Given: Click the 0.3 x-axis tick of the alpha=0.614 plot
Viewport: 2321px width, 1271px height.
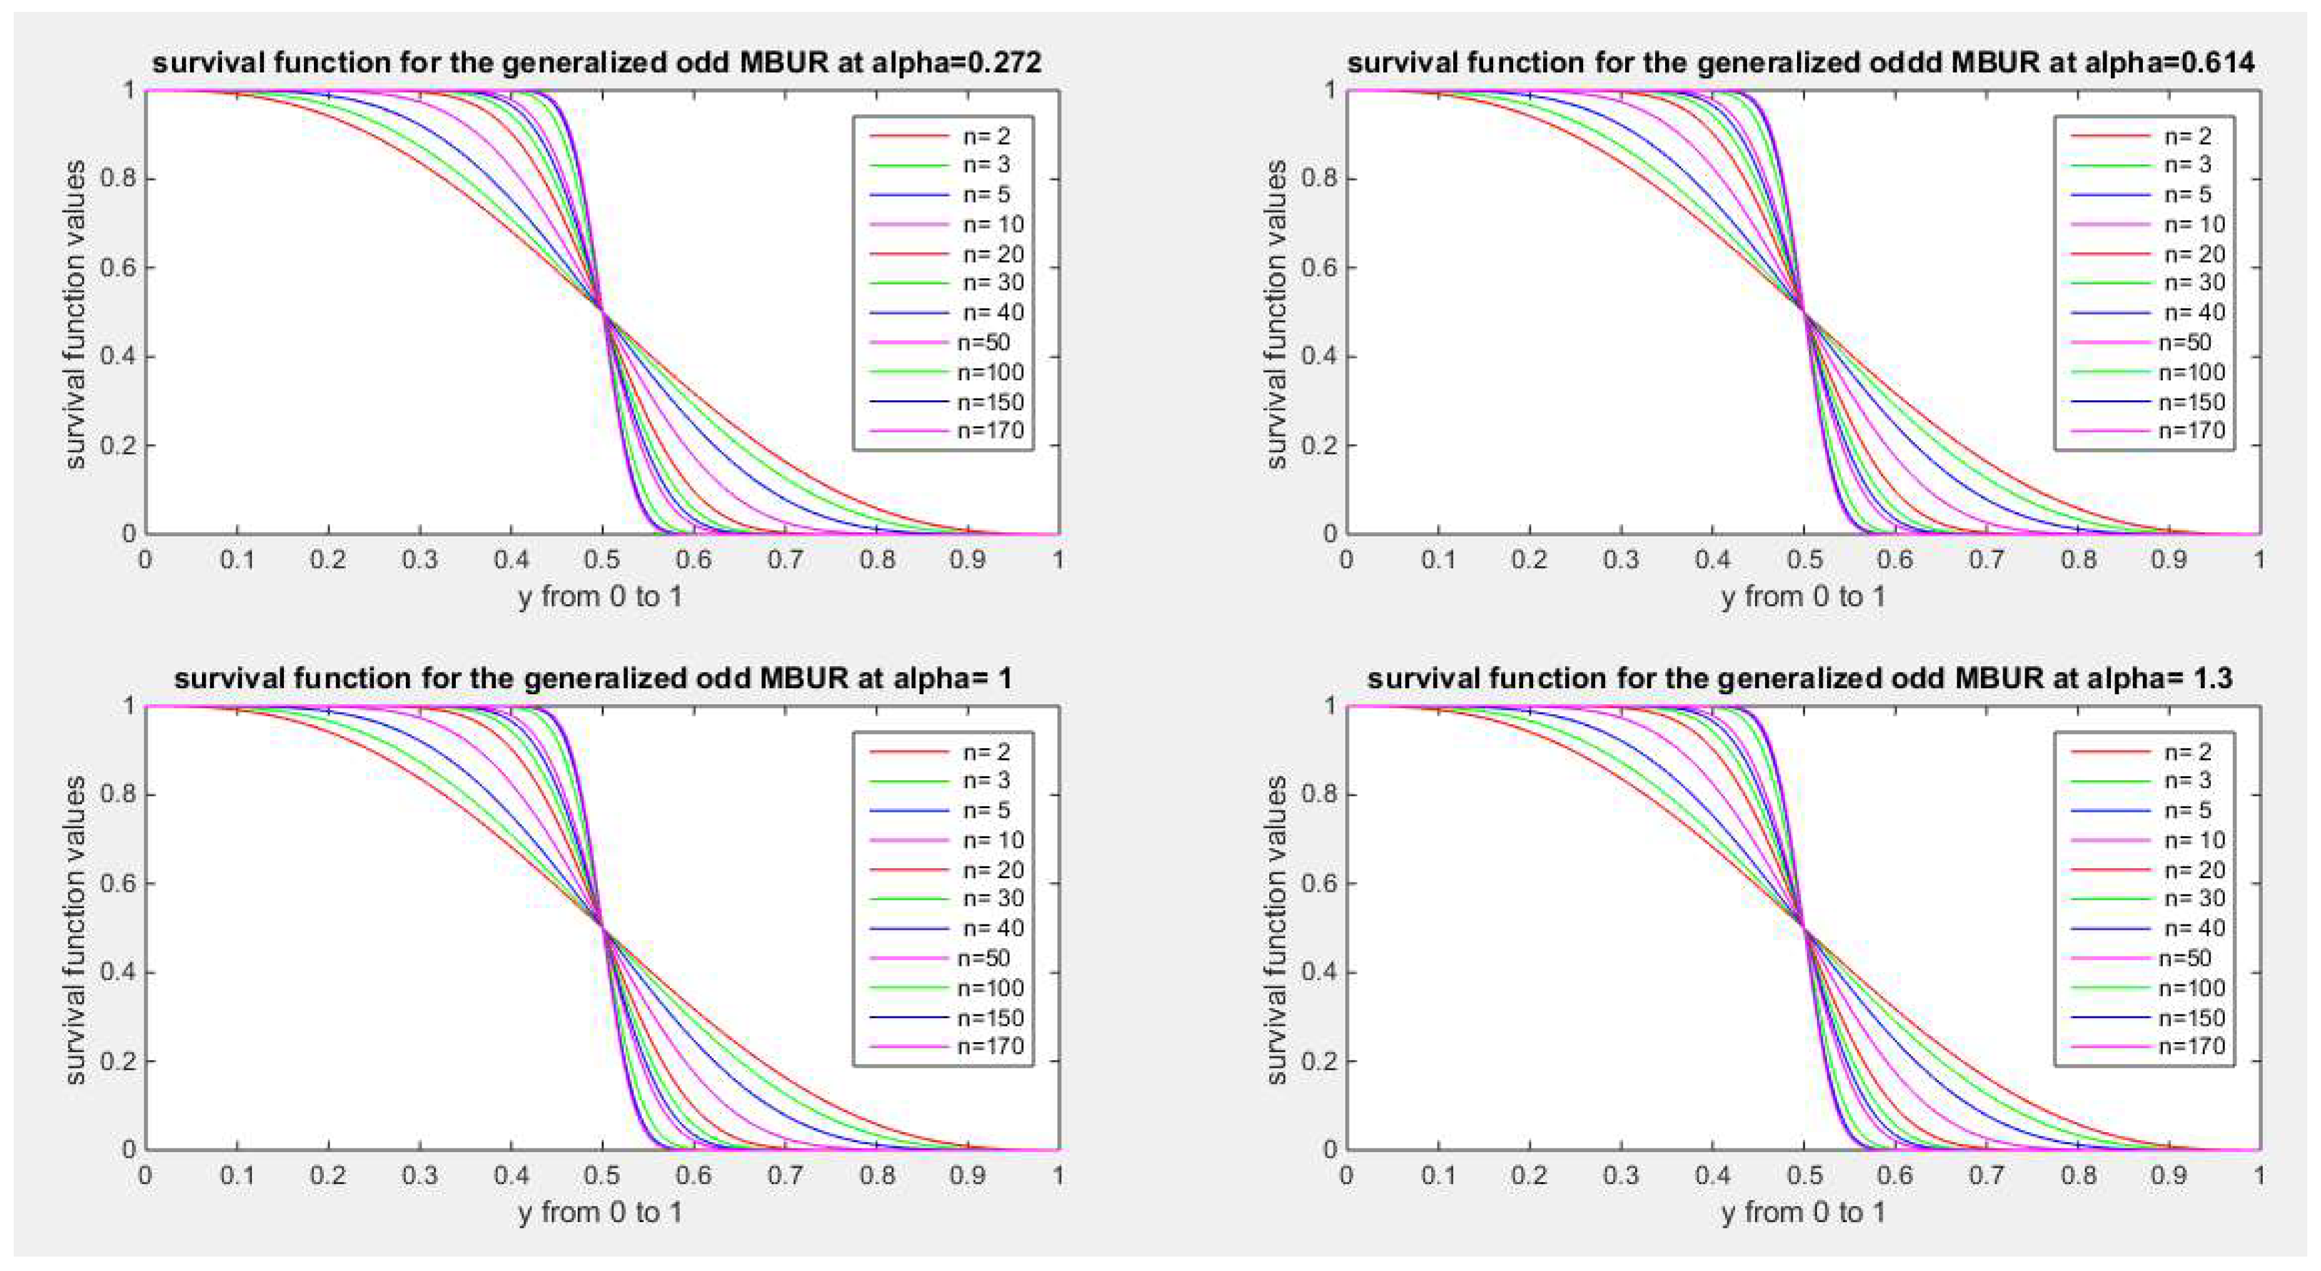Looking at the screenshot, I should click(1621, 560).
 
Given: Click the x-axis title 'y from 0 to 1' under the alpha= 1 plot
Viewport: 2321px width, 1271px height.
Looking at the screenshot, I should click(600, 1212).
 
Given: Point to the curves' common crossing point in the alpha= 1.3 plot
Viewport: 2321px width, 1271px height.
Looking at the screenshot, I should click(1803, 928).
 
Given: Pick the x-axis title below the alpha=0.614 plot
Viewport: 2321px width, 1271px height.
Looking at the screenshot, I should click(1803, 597).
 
